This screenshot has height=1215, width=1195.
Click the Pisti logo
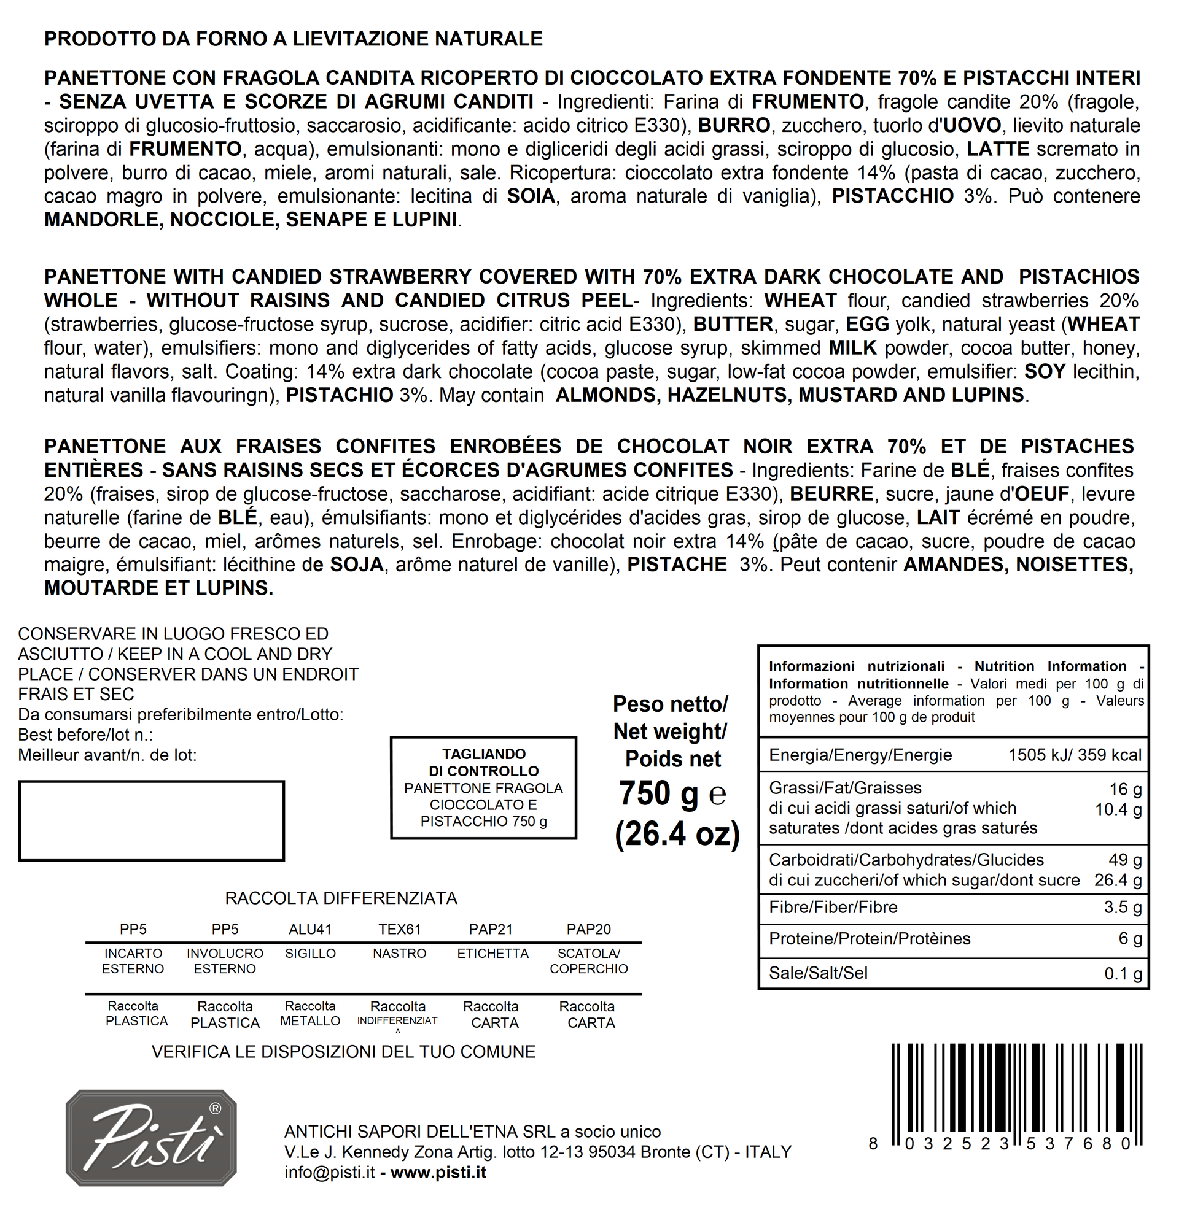click(151, 1138)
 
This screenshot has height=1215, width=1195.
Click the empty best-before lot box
click(151, 820)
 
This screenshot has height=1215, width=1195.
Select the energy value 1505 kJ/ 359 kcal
click(1075, 755)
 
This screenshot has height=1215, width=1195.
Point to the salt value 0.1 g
click(1123, 973)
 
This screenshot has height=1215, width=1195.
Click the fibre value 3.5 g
click(1123, 907)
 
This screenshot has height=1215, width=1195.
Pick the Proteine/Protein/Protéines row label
click(870, 938)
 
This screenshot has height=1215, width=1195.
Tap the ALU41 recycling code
click(310, 929)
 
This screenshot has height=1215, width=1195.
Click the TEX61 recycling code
click(400, 929)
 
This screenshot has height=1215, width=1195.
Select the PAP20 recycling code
click(588, 929)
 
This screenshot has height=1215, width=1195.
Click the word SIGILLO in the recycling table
click(310, 954)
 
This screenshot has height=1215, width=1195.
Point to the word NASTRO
click(399, 954)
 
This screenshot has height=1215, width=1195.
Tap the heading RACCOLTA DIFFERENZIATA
click(341, 898)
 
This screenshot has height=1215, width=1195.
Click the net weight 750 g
click(658, 793)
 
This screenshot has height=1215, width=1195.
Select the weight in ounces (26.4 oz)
click(677, 834)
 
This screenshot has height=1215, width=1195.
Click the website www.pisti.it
click(438, 1172)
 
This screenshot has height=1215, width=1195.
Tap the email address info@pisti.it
click(330, 1172)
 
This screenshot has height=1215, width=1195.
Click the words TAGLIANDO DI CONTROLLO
click(483, 762)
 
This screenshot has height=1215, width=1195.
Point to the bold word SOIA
click(531, 196)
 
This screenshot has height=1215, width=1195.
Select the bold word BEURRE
click(831, 493)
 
